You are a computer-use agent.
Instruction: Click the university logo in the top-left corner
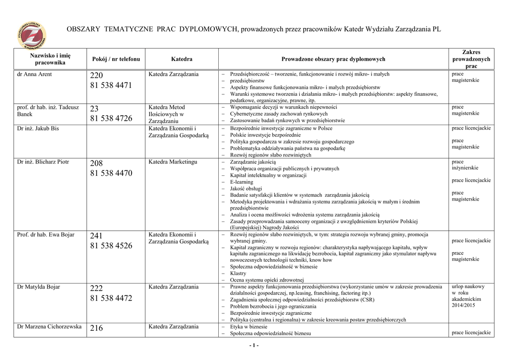pos(31,36)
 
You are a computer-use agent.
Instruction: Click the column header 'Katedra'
pos(182,59)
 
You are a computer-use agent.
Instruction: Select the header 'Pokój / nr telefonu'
pos(116,59)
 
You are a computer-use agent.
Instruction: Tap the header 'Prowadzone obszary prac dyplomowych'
pos(333,59)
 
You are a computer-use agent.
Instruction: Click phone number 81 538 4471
pos(111,86)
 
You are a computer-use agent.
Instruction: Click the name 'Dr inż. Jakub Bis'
pos(38,129)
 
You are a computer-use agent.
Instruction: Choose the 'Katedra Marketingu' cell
pos(173,162)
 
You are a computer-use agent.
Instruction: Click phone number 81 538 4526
pos(111,246)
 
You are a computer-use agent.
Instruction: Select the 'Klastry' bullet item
pos(239,274)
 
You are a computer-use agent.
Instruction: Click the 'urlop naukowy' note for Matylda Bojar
pos(468,287)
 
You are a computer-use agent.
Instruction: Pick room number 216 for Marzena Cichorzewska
pos(97,328)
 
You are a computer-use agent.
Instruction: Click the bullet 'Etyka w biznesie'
pos(249,327)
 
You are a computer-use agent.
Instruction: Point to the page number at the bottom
pos(254,346)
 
